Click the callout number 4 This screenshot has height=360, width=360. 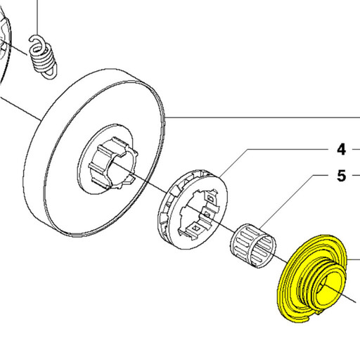pos(341,150)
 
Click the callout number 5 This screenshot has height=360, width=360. pos(341,176)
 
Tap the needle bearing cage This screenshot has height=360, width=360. pos(253,246)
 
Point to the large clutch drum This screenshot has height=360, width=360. pos(94,153)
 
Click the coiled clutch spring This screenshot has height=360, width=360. pos(43,57)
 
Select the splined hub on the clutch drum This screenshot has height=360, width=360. pos(112,163)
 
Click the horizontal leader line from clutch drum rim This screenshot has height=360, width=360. pos(262,117)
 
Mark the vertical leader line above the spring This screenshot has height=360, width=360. pos(37,18)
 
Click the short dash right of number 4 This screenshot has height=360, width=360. pos(356,149)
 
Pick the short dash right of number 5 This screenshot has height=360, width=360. pos(356,175)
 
